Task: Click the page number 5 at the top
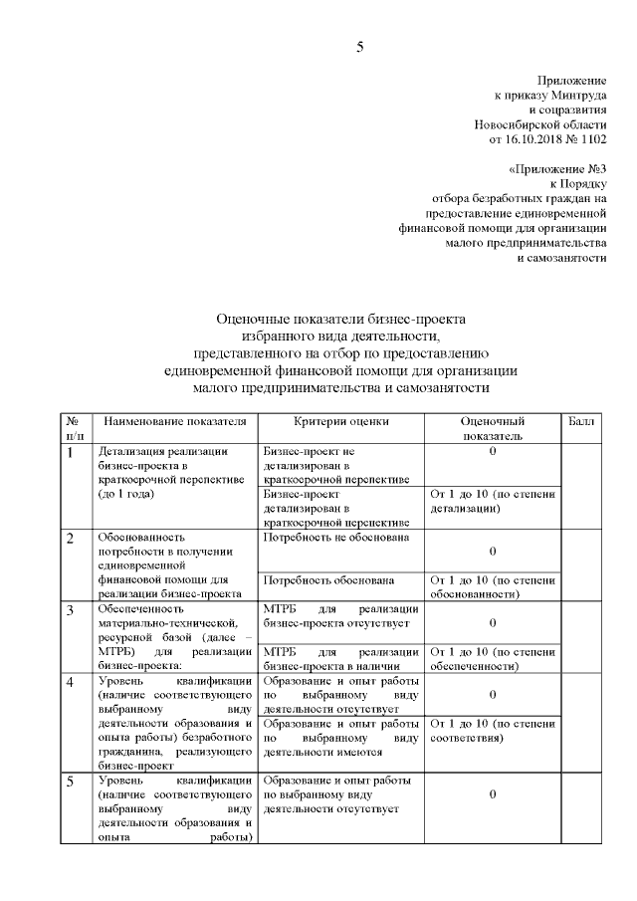[361, 46]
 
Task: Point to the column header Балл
[581, 422]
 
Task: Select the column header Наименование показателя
[174, 422]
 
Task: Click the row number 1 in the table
[71, 453]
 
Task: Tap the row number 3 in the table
[71, 609]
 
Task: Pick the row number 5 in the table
[71, 782]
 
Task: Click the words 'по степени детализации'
[494, 501]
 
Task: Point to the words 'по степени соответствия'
[494, 730]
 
